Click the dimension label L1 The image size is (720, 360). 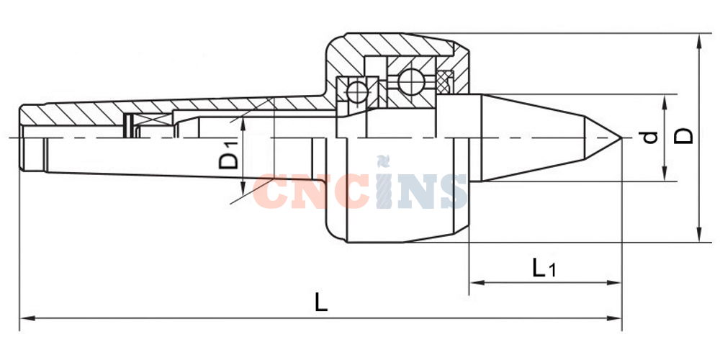click(x=544, y=268)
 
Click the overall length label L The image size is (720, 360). click(x=321, y=302)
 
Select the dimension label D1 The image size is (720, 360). click(x=229, y=156)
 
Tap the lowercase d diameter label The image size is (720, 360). click(x=651, y=137)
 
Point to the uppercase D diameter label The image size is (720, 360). click(x=683, y=136)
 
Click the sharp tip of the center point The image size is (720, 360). click(x=622, y=138)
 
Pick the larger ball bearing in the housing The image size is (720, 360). click(x=411, y=83)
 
